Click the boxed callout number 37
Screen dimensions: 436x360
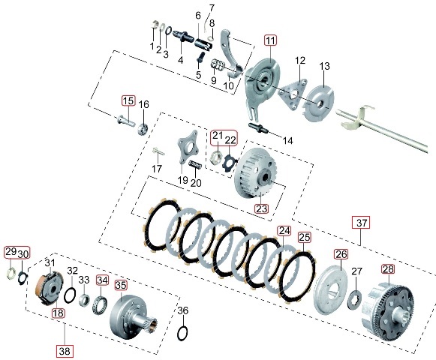point(362,223)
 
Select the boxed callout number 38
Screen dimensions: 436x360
point(65,351)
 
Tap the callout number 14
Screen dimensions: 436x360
point(287,141)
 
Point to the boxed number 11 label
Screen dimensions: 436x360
point(270,40)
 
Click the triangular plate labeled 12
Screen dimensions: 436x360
point(292,94)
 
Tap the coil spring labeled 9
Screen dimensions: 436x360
point(217,65)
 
